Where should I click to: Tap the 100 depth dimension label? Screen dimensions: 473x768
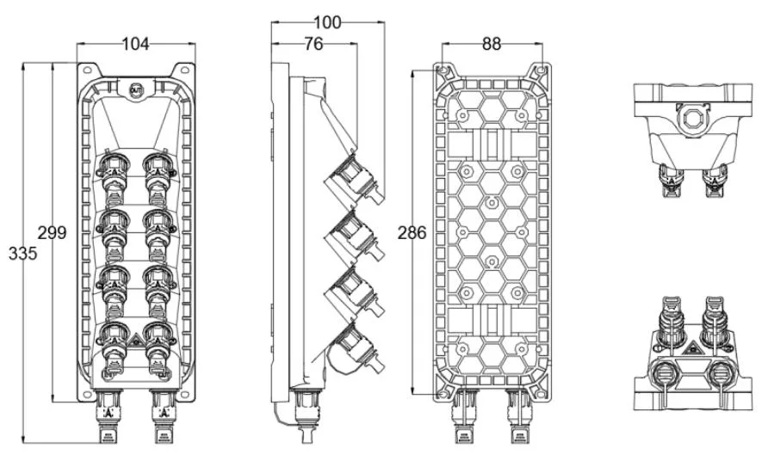pyautogui.click(x=326, y=23)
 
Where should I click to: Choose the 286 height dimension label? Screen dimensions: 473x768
pyautogui.click(x=412, y=233)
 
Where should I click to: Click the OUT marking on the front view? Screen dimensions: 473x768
pyautogui.click(x=134, y=89)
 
